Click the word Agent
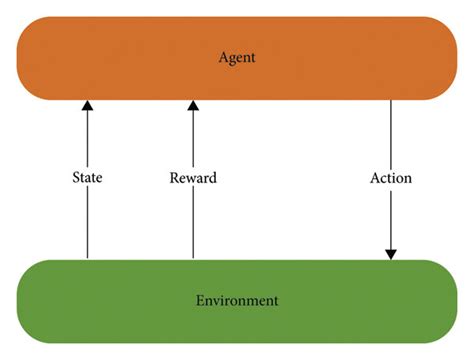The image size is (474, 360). pyautogui.click(x=237, y=57)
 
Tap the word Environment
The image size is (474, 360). pyautogui.click(x=237, y=300)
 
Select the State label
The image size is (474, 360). pyautogui.click(x=87, y=178)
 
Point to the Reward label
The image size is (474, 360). pyautogui.click(x=193, y=178)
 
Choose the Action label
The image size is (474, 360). pyautogui.click(x=390, y=178)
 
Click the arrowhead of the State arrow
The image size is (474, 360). pyautogui.click(x=87, y=104)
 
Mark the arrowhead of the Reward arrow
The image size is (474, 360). pyautogui.click(x=193, y=104)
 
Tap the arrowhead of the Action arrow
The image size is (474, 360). pyautogui.click(x=390, y=254)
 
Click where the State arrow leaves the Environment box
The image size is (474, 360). pyautogui.click(x=87, y=260)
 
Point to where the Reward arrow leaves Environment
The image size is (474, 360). pyautogui.click(x=193, y=260)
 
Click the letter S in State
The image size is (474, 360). pyautogui.click(x=75, y=178)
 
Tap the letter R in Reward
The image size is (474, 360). pyautogui.click(x=174, y=178)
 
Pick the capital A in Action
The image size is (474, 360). pyautogui.click(x=373, y=178)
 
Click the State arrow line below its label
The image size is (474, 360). pyautogui.click(x=87, y=225)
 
